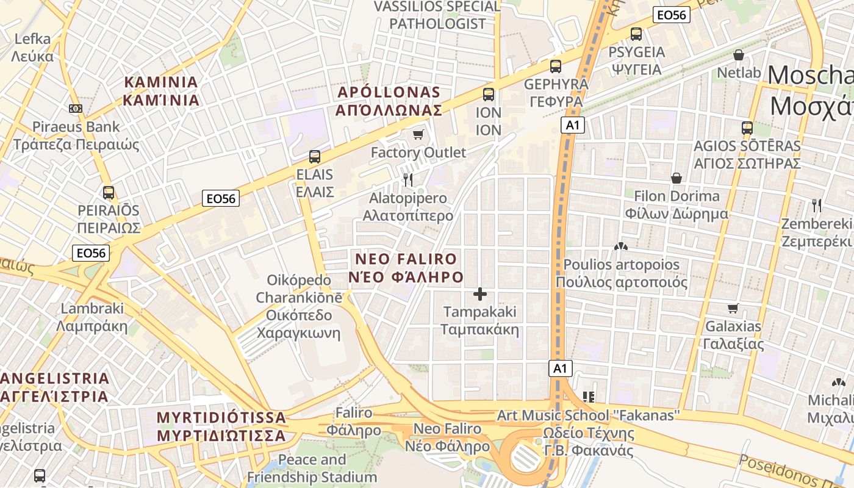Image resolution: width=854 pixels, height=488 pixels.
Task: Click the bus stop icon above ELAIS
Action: (315, 156)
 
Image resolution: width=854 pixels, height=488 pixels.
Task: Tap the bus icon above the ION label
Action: (489, 95)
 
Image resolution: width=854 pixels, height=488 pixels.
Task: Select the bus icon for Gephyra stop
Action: (556, 66)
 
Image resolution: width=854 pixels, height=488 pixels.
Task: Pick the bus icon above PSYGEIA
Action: (636, 34)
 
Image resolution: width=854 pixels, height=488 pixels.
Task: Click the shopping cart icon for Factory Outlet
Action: (418, 134)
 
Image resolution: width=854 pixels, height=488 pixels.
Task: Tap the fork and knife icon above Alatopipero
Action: (408, 179)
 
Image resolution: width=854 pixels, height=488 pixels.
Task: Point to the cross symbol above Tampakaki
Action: (480, 294)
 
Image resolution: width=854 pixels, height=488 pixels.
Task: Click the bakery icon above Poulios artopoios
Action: (621, 246)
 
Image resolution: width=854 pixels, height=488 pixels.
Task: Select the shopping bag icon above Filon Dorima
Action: (676, 178)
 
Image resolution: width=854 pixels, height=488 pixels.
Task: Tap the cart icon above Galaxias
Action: (733, 308)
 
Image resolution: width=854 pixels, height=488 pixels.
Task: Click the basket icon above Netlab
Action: (739, 55)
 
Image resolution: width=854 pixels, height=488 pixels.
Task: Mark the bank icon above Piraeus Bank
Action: (76, 109)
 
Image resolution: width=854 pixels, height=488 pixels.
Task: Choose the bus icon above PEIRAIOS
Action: (109, 193)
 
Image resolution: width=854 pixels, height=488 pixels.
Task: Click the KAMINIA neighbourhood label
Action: (161, 91)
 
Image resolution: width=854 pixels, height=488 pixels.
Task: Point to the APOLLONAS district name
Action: (389, 101)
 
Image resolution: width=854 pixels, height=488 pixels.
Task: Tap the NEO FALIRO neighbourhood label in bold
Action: (406, 268)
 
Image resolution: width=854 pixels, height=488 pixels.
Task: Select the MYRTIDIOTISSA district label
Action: (221, 426)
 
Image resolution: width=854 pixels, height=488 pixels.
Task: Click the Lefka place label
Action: (32, 48)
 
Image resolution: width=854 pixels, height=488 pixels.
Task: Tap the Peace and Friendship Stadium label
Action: (312, 468)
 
